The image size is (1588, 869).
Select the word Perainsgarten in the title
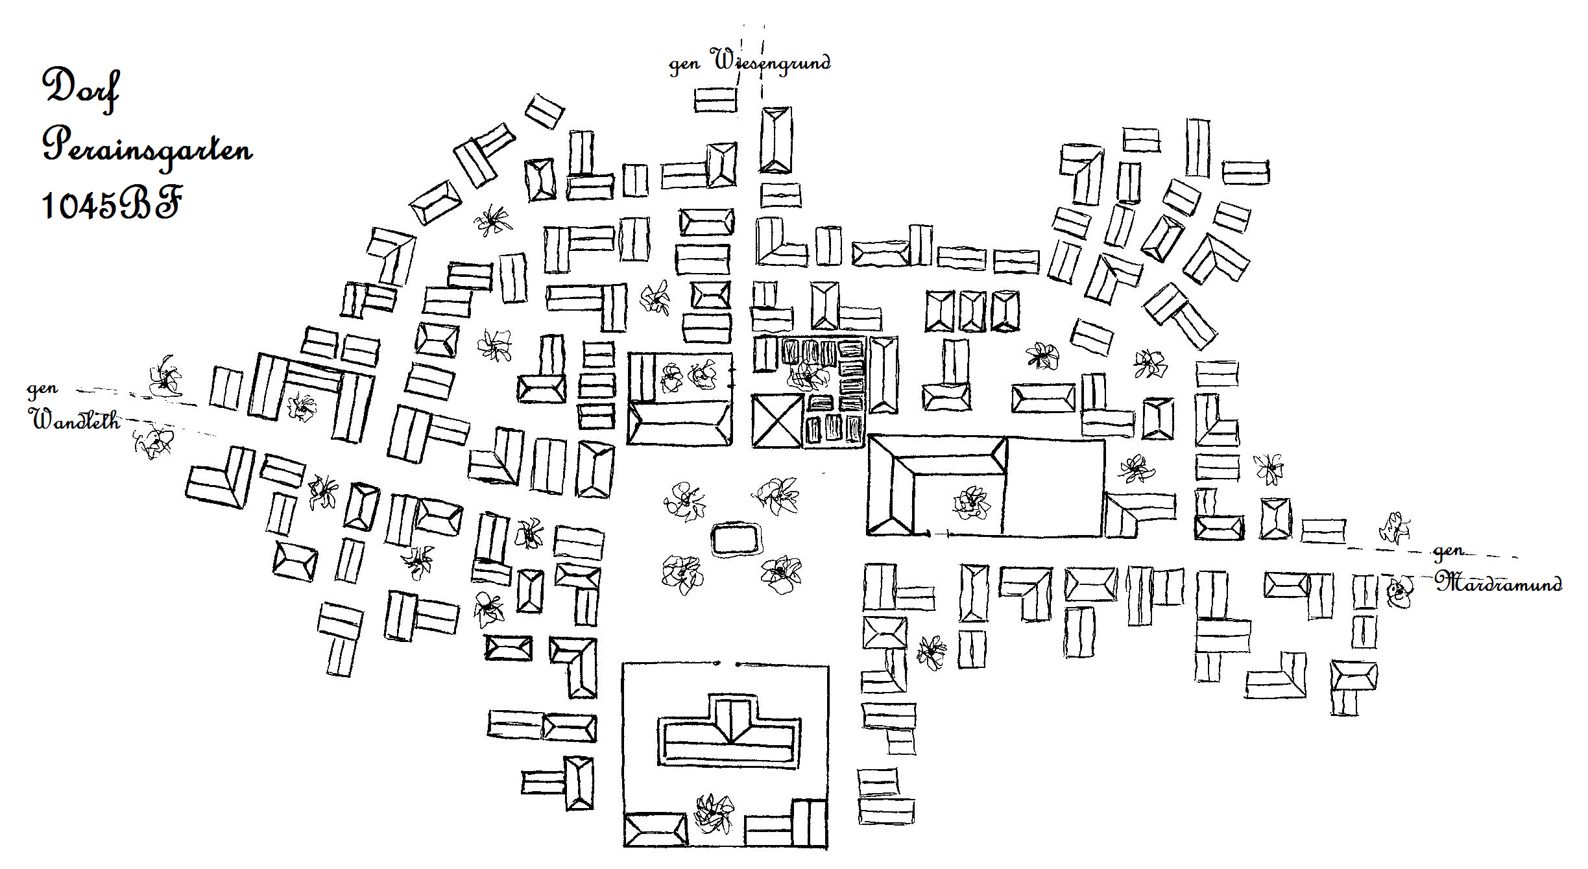(147, 148)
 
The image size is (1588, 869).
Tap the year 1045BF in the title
(111, 204)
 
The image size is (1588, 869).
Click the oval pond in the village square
(736, 540)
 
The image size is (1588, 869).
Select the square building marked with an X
(777, 421)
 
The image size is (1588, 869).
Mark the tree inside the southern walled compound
(714, 813)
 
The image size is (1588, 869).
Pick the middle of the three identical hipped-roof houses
(972, 311)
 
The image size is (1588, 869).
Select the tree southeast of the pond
(782, 575)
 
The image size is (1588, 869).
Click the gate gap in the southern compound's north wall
(727, 664)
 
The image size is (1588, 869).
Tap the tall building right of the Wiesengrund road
(776, 139)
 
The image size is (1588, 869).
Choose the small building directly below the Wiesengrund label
(716, 100)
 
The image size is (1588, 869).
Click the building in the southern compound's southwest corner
(655, 830)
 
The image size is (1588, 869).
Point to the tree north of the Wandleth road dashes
(165, 376)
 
